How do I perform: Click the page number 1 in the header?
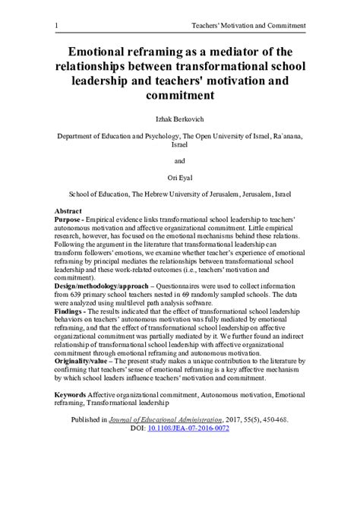click(57, 26)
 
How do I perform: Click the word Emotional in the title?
click(106, 52)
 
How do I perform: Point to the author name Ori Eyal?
click(180, 177)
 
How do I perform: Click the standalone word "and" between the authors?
click(180, 161)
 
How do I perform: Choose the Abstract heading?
click(69, 210)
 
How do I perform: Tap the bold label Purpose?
click(69, 219)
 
